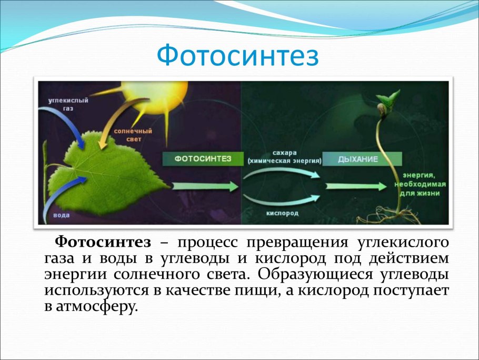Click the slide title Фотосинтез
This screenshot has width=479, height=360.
[x=238, y=56]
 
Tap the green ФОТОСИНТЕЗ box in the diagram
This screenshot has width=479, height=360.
[x=203, y=159]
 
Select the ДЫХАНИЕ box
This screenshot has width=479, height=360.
[x=362, y=159]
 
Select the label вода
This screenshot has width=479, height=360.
[x=62, y=216]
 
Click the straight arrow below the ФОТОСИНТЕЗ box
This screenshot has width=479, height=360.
[x=205, y=186]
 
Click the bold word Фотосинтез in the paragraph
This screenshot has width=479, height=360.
[x=103, y=242]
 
